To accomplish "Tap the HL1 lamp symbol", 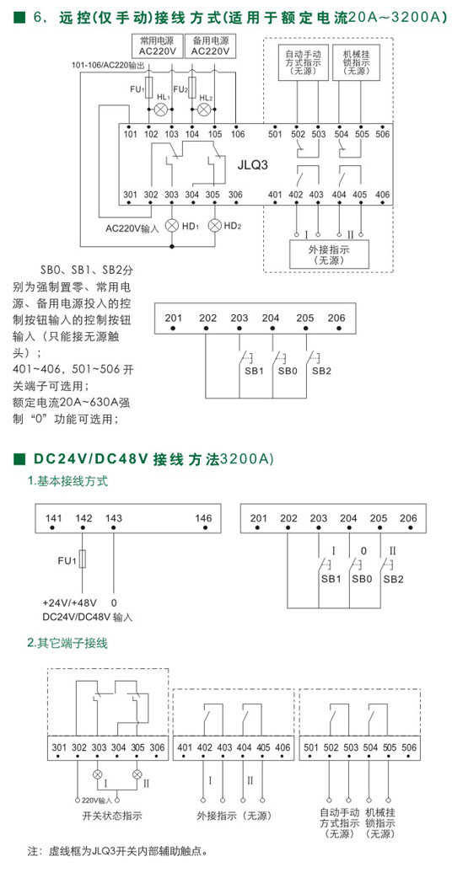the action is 161,109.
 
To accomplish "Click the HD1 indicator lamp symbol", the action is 172,226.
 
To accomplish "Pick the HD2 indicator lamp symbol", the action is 214,226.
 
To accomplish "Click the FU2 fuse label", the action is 180,89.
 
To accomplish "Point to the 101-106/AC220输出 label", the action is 109,66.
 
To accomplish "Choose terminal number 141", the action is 53,518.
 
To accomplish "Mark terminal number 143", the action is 114,518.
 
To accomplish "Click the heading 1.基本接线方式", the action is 67,481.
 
